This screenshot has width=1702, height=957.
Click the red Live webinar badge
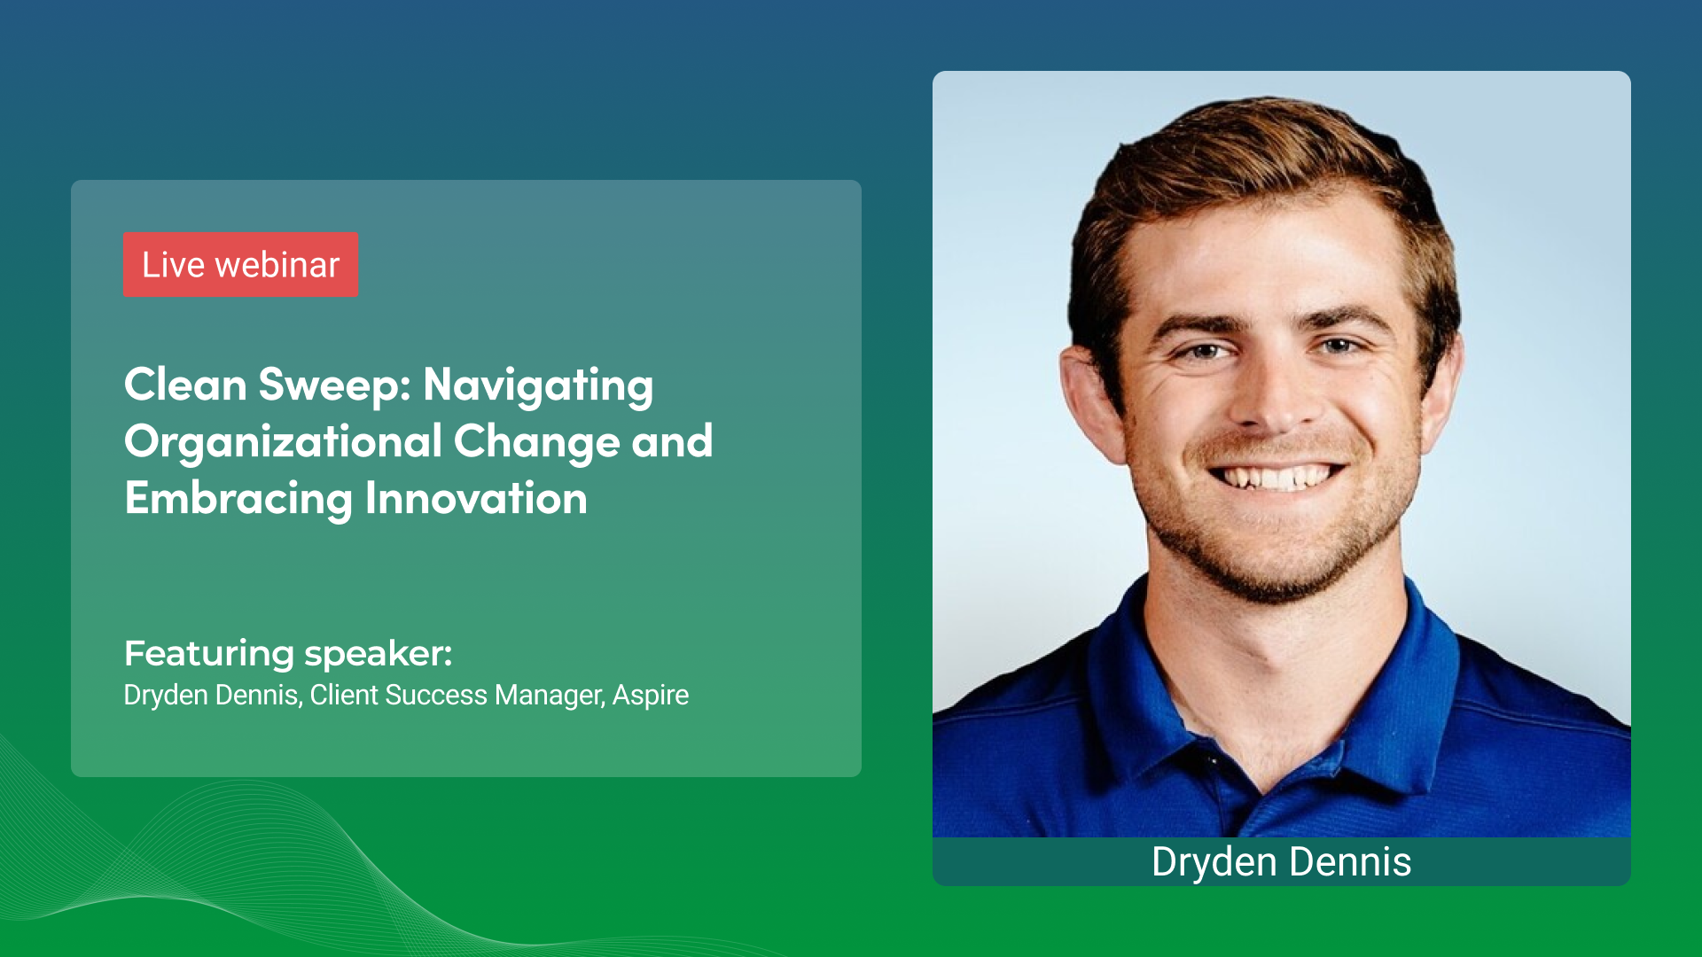click(240, 265)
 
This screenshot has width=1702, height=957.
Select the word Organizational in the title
click(283, 442)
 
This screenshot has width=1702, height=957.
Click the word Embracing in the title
click(238, 499)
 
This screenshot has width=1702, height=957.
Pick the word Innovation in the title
click(476, 499)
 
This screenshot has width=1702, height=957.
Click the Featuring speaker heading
click(288, 653)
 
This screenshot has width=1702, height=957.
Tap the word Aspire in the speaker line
click(650, 696)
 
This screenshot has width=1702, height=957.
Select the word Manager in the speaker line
click(550, 696)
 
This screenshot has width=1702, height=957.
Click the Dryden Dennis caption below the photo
click(1281, 861)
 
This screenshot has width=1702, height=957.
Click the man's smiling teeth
click(1276, 478)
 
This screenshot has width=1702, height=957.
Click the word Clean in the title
click(185, 385)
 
